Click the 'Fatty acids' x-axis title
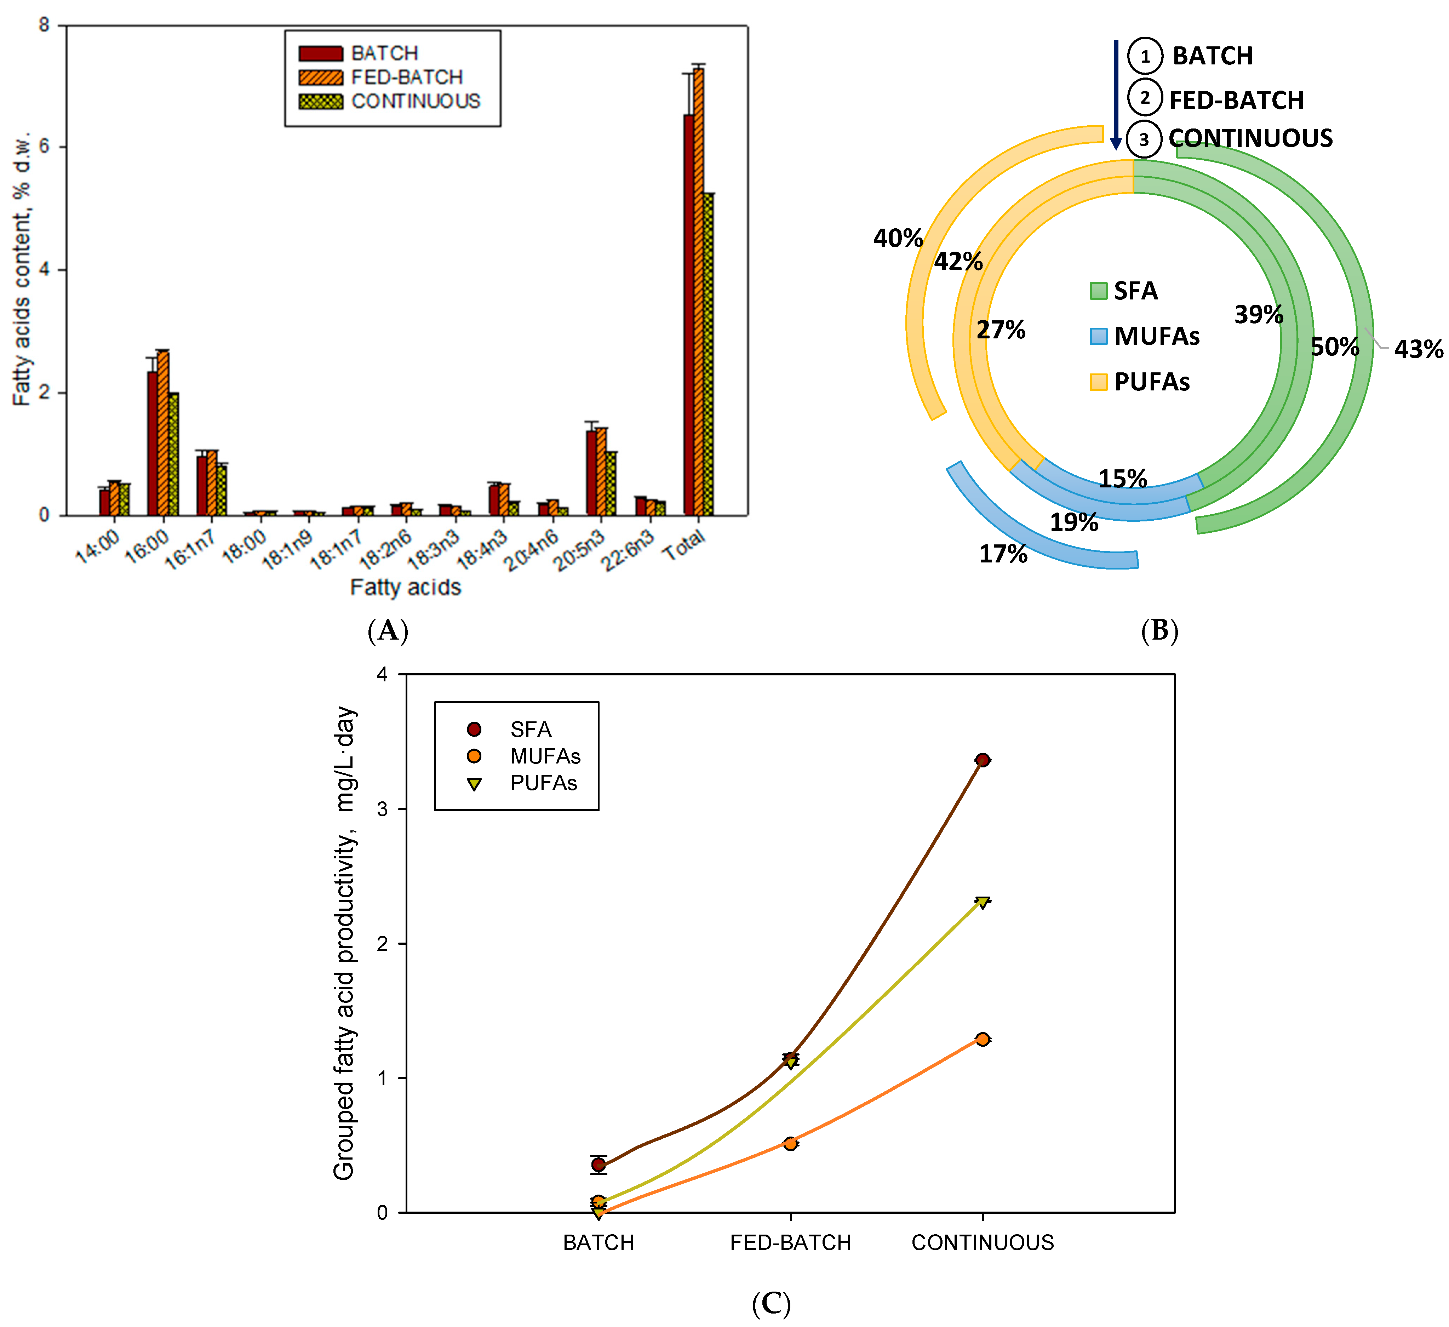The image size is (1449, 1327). [405, 587]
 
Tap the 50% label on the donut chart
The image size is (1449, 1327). [1335, 347]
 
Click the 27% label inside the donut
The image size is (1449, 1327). [1001, 330]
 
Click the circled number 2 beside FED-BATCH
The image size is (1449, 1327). [1145, 98]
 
